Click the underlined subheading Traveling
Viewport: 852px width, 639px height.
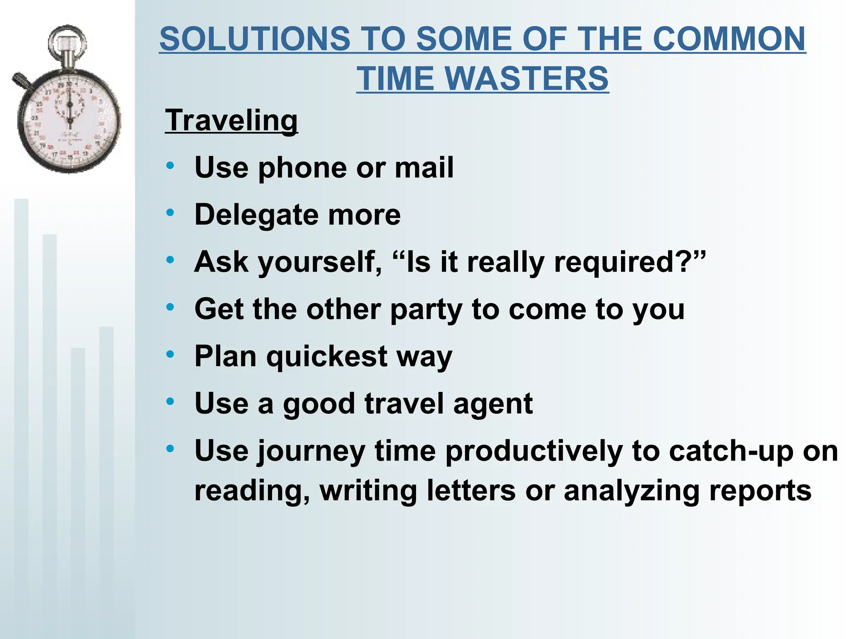pos(231,120)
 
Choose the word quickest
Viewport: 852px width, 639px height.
pos(327,357)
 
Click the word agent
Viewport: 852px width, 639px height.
pos(493,404)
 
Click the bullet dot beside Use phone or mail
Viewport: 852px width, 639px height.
pos(170,166)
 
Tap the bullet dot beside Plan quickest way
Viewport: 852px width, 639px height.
pos(170,355)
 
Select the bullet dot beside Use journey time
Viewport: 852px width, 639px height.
pos(170,449)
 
